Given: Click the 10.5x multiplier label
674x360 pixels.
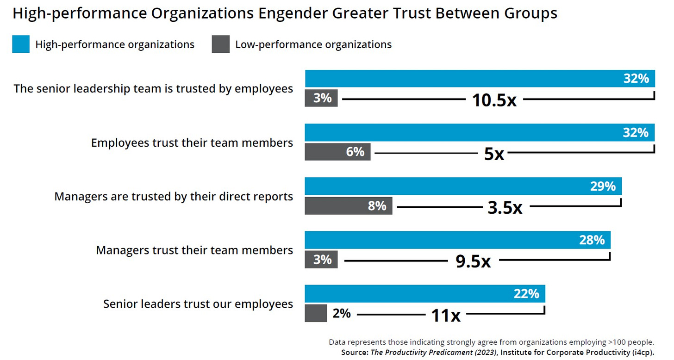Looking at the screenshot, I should [x=494, y=100].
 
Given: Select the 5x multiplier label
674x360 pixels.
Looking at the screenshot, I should [x=494, y=154].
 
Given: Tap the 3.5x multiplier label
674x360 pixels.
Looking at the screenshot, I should [x=505, y=208].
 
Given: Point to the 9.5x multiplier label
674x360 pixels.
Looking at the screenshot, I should [x=473, y=261].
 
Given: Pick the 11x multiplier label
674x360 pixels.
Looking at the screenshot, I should [x=445, y=316].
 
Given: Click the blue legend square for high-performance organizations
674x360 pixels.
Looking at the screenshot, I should [x=21, y=45].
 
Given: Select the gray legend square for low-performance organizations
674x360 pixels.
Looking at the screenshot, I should [x=221, y=45].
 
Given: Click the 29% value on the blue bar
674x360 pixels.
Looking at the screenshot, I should [x=603, y=186].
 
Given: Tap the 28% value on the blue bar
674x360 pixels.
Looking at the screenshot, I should [x=592, y=240].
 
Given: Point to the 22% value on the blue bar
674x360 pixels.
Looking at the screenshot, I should [x=526, y=294].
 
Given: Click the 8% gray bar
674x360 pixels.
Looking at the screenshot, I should [x=348, y=205].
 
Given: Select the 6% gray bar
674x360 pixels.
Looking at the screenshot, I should [x=337, y=152].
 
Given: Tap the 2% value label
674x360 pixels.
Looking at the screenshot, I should [x=342, y=314].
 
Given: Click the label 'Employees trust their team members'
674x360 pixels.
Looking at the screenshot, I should [x=192, y=143].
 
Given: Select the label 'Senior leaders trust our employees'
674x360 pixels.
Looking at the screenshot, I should [x=198, y=304].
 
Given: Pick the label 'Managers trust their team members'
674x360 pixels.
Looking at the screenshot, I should [x=194, y=250].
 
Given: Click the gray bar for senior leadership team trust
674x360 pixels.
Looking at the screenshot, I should [x=321, y=98].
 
